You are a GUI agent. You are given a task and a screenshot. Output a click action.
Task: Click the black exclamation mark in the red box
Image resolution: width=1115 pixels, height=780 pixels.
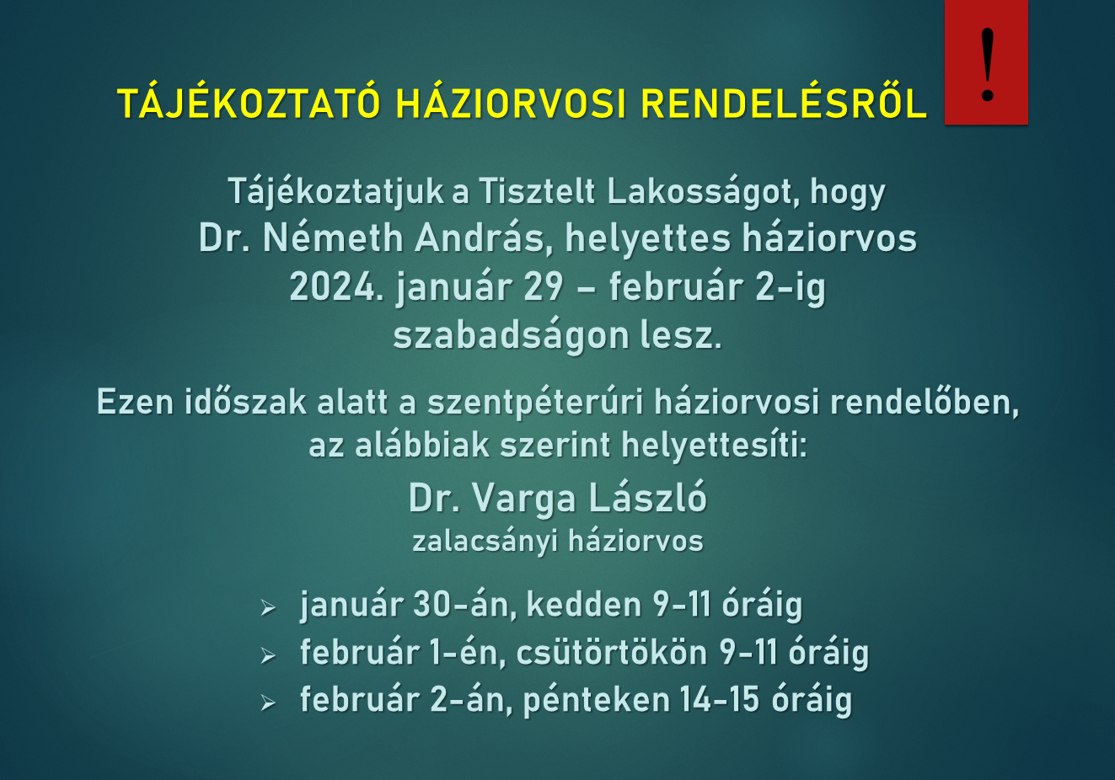(988, 64)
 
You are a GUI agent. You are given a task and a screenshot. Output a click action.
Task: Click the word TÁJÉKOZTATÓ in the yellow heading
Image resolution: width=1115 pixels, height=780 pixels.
(249, 102)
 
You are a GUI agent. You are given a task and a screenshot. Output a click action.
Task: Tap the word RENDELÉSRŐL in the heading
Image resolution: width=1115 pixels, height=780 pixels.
(784, 102)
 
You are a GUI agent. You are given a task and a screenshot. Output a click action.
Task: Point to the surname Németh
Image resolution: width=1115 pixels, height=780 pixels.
(333, 238)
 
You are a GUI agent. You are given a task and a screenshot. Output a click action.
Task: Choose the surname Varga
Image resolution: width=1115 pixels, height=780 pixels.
(523, 499)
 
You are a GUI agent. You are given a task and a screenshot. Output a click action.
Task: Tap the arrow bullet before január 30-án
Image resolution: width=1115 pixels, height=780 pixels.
(268, 608)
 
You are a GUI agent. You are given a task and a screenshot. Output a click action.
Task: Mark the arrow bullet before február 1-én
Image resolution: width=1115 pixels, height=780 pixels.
(268, 655)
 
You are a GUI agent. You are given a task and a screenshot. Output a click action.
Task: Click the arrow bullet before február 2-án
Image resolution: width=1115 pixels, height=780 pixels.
(268, 703)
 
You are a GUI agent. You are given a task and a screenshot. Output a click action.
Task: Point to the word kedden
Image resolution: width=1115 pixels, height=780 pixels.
(584, 605)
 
